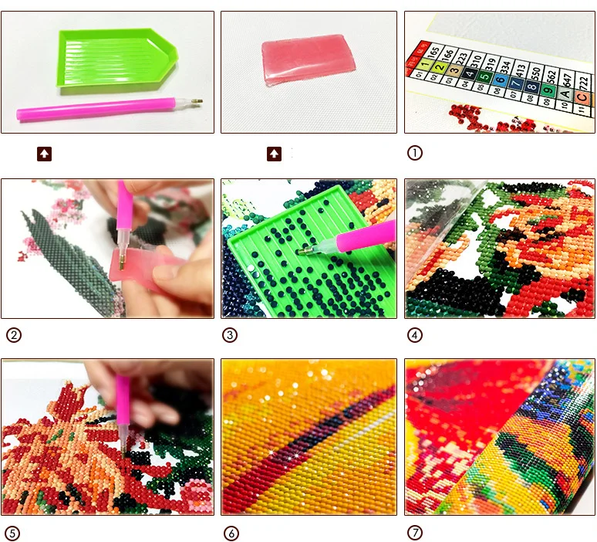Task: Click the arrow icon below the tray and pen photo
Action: pos(45,154)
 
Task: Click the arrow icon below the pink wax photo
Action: pos(274,154)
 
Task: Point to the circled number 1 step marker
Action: pos(415,153)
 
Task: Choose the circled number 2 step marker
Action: pos(13,335)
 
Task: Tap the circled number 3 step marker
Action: pos(230,335)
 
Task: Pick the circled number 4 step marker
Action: pos(415,335)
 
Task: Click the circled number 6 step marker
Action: pos(230,533)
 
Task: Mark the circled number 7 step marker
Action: pos(415,533)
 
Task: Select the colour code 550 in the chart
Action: pos(535,71)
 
